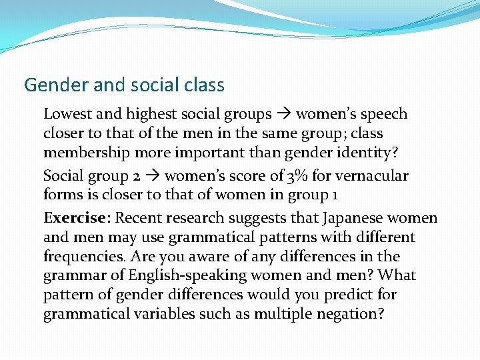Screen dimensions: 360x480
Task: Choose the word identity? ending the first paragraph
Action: point(370,153)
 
